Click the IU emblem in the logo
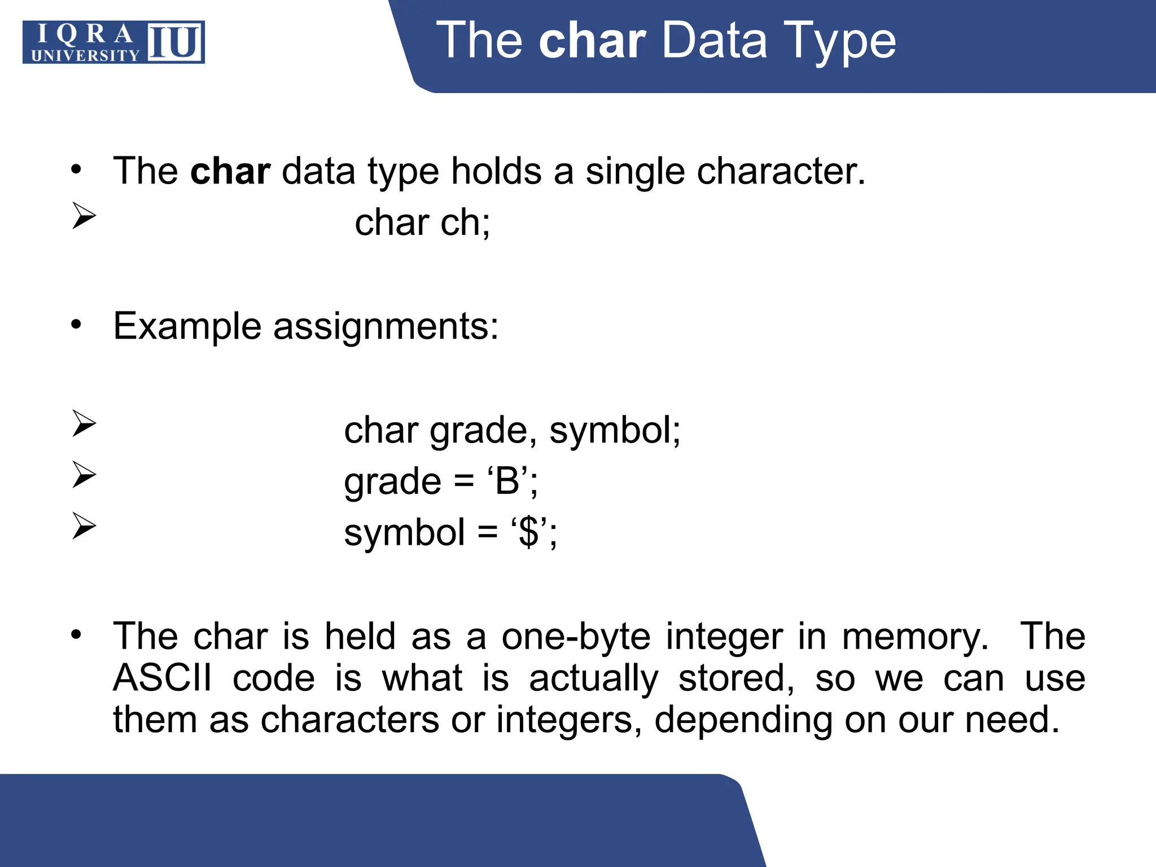point(175,42)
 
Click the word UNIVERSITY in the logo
point(85,55)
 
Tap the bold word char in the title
point(592,40)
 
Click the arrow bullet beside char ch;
point(84,216)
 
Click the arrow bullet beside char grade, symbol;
point(84,424)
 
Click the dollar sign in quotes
point(529,532)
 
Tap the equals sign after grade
point(463,481)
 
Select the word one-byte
point(576,637)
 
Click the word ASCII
point(163,678)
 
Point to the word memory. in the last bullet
point(915,637)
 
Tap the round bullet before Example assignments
point(76,325)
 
